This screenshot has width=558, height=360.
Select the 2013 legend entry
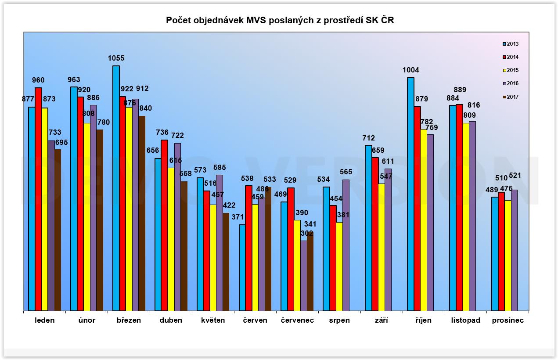(x=511, y=44)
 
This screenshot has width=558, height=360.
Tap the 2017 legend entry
(x=511, y=97)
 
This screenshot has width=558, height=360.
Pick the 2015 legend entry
(x=511, y=70)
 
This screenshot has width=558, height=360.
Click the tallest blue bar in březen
(x=116, y=189)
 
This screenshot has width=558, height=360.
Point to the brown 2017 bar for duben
(x=184, y=246)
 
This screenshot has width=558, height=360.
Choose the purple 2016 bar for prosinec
(x=515, y=250)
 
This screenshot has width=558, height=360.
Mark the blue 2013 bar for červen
(x=242, y=268)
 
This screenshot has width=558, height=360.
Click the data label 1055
(x=116, y=58)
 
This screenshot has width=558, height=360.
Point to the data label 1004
(x=410, y=70)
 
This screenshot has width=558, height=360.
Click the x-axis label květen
(x=213, y=320)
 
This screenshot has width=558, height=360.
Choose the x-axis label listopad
(x=466, y=320)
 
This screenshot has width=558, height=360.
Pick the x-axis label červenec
(x=297, y=320)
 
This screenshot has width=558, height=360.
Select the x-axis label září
(x=382, y=320)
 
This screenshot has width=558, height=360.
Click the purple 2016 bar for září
(x=388, y=240)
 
